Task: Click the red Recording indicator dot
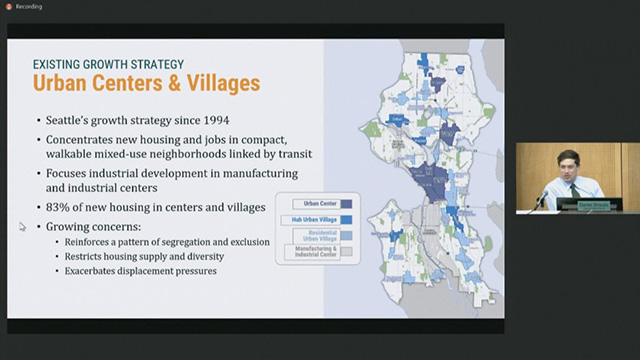tap(8, 6)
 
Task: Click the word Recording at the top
tap(29, 6)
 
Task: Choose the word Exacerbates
tap(95, 271)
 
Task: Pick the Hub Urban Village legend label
tap(310, 220)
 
